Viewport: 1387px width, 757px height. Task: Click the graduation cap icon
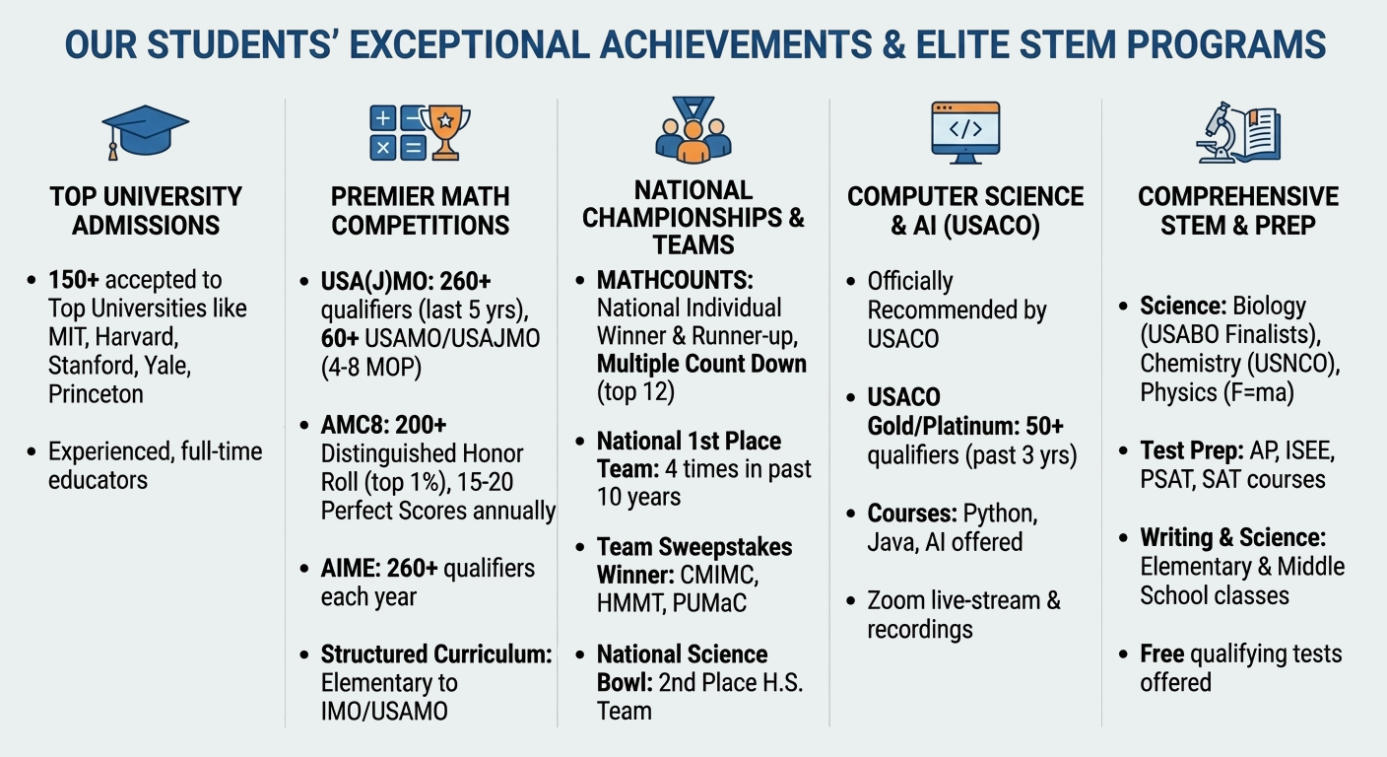[145, 132]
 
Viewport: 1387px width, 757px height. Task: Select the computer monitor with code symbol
[965, 132]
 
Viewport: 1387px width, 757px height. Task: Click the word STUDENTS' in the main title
[241, 44]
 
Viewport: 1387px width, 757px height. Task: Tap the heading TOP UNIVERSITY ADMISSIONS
[146, 211]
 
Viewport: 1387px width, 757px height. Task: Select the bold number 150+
[74, 280]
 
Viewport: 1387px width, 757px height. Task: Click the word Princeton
[96, 394]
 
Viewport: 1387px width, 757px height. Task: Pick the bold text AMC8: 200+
[383, 425]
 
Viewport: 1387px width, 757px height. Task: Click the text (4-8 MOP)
[371, 368]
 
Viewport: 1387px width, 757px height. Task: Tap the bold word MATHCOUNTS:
[675, 280]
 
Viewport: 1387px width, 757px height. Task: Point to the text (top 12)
[635, 391]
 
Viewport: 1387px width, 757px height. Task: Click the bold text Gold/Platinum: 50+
[965, 426]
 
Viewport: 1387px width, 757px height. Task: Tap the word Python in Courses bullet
[1000, 514]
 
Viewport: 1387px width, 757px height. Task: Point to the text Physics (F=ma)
[1218, 392]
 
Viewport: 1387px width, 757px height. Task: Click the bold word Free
[1162, 654]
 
